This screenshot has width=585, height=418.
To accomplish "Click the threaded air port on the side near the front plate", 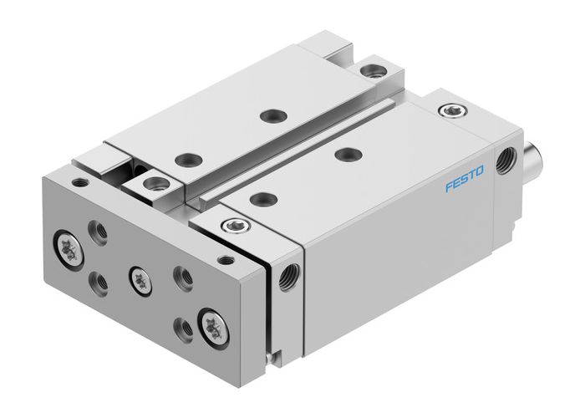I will coord(289,273).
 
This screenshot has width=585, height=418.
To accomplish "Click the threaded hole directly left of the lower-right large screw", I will coord(182,324).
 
